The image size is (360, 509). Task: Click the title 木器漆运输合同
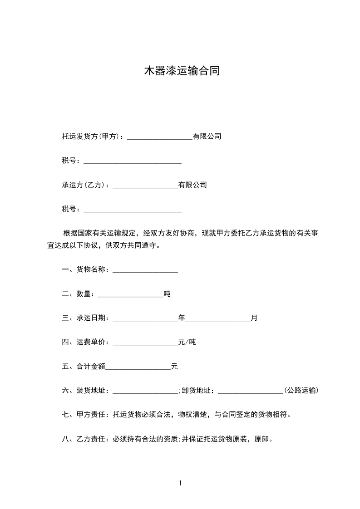(x=182, y=71)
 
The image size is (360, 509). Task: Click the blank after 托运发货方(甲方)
(x=160, y=137)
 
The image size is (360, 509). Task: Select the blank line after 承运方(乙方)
(x=145, y=186)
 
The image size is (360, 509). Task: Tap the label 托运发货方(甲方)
(x=90, y=136)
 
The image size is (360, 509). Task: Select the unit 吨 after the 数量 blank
(x=167, y=294)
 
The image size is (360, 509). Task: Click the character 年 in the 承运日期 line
(x=182, y=318)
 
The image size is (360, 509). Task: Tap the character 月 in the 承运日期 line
(x=254, y=318)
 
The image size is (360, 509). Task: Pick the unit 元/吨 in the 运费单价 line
(x=187, y=342)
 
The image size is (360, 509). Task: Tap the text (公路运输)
(x=301, y=391)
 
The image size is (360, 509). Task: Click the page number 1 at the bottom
(x=180, y=483)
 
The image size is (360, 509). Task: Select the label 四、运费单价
(x=85, y=342)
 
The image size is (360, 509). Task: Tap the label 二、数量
(x=78, y=294)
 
